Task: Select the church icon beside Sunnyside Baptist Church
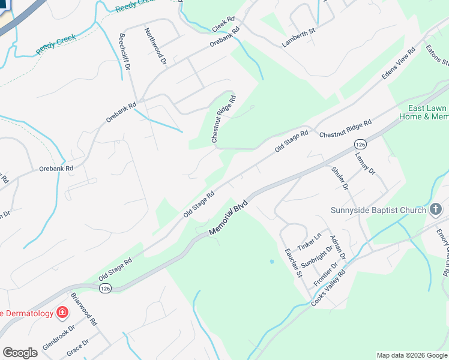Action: tap(436, 209)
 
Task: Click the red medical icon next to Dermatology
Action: tap(61, 313)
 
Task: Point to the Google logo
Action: tap(20, 352)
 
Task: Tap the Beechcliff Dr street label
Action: tap(125, 52)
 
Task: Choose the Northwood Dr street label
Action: tap(155, 46)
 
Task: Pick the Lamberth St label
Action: tap(298, 37)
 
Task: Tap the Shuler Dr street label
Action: tap(340, 178)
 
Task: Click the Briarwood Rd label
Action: tap(84, 310)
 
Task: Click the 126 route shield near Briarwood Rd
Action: tap(106, 289)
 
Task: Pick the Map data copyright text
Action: tap(412, 355)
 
